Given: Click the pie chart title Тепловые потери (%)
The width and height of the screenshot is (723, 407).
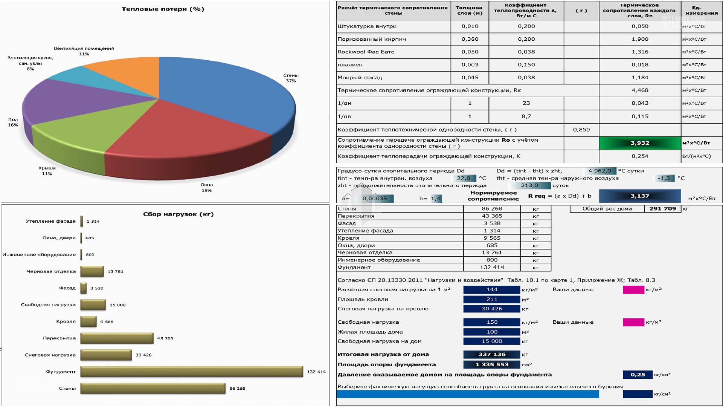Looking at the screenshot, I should [x=163, y=9].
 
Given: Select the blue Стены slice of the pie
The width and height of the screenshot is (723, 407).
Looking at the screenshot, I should [x=222, y=90].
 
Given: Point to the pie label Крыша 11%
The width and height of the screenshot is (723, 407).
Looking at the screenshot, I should [x=47, y=171].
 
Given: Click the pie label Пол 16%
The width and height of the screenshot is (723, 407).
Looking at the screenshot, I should [x=13, y=122].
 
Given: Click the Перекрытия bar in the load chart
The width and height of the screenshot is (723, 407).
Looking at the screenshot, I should [x=117, y=338].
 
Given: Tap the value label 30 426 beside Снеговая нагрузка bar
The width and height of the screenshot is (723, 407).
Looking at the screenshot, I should [x=143, y=355].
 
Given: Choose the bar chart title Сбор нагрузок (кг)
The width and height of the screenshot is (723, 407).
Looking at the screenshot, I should [x=178, y=214].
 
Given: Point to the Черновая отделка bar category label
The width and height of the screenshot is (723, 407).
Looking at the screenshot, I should [x=51, y=271].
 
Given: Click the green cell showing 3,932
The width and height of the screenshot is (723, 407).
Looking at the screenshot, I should [x=640, y=143].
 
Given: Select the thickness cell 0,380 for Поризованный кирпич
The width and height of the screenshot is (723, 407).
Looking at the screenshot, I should [x=470, y=39].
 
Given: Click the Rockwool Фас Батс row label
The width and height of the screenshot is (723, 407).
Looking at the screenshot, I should [x=366, y=52].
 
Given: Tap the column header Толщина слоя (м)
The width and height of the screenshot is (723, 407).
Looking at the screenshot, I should [x=469, y=10].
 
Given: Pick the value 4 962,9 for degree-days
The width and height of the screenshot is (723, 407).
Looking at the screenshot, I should [x=599, y=171].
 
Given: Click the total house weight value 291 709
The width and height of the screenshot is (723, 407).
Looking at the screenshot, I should [x=662, y=208].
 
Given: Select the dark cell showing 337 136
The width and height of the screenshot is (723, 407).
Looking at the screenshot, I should [x=492, y=354].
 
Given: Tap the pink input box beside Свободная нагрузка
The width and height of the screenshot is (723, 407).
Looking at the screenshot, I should [x=633, y=322].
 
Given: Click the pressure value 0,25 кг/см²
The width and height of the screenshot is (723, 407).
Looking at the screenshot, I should [x=638, y=375].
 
